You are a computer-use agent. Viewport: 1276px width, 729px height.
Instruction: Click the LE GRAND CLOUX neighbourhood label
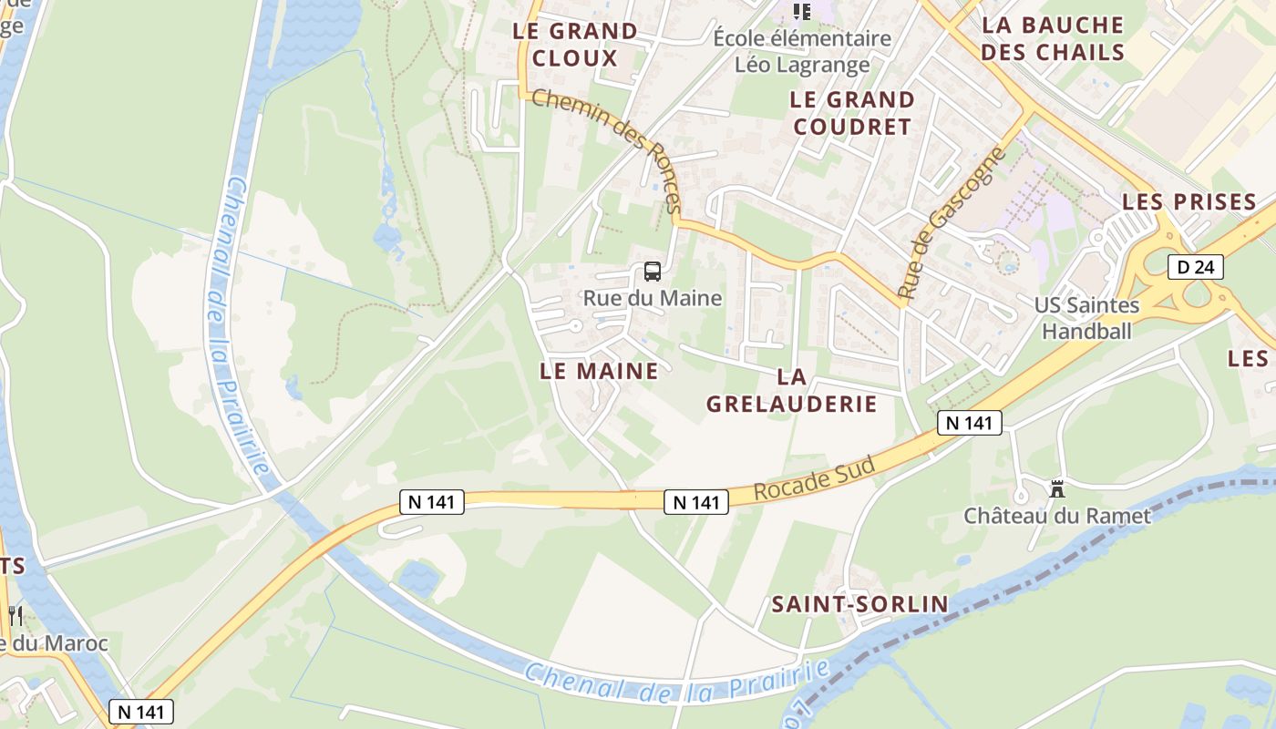click(574, 44)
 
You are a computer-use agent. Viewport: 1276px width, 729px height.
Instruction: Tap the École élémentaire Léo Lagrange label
click(801, 51)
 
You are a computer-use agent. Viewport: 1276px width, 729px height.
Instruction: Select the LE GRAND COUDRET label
click(852, 112)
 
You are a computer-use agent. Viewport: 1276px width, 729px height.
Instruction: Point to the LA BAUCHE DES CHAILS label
click(1053, 37)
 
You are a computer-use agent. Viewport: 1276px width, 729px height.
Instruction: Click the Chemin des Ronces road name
click(606, 150)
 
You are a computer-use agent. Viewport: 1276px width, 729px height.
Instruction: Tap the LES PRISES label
click(1189, 201)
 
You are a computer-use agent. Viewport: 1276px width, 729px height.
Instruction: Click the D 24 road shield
click(1195, 267)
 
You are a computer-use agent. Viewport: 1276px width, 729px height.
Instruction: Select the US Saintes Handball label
click(1086, 317)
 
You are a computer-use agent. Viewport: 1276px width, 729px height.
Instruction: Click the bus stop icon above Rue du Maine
click(652, 271)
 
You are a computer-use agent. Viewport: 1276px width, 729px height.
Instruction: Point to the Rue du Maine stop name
click(652, 298)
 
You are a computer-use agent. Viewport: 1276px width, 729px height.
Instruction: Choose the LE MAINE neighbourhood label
click(598, 371)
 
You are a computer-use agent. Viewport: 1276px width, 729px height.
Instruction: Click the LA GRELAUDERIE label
click(791, 389)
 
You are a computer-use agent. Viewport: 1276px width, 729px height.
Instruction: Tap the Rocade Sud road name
click(815, 478)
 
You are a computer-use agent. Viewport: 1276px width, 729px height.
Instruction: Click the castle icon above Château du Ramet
click(1056, 489)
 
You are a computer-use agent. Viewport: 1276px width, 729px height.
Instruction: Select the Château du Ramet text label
click(1057, 516)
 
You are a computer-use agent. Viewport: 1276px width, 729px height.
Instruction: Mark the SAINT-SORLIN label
click(859, 603)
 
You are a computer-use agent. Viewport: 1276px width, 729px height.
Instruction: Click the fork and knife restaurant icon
click(15, 616)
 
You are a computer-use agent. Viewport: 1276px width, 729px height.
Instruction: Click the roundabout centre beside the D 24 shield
click(1197, 293)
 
